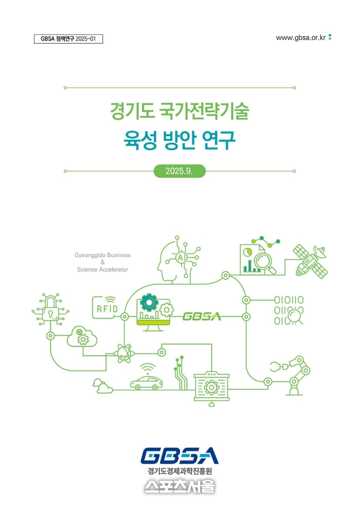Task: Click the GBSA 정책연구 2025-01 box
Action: pyautogui.click(x=68, y=39)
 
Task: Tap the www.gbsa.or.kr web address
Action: pyautogui.click(x=300, y=38)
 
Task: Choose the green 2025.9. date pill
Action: pyautogui.click(x=179, y=171)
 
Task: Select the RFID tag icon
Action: pyautogui.click(x=105, y=307)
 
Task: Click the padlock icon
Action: pyautogui.click(x=50, y=310)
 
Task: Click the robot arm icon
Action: pyautogui.click(x=291, y=375)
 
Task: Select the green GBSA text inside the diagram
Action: pyautogui.click(x=202, y=316)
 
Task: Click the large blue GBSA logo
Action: pyautogui.click(x=179, y=456)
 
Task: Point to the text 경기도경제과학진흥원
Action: pyautogui.click(x=179, y=470)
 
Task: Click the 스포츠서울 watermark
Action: pyautogui.click(x=179, y=486)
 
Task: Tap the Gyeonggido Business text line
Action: pyautogui.click(x=102, y=255)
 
